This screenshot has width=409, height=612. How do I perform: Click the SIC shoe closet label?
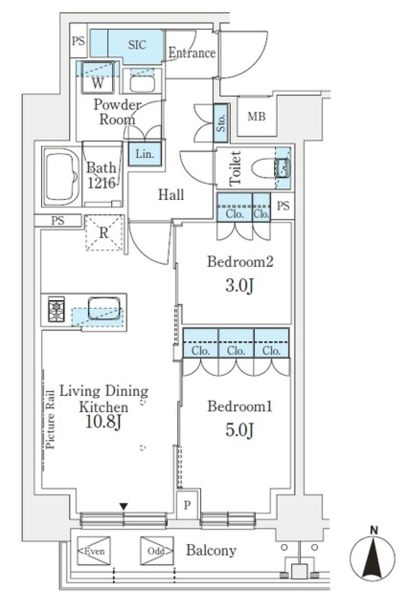click(137, 45)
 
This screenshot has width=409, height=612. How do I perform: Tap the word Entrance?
click(192, 53)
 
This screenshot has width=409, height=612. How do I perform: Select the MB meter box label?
click(256, 116)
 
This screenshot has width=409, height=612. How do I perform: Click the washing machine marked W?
click(98, 77)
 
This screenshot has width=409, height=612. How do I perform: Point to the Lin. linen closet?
click(144, 154)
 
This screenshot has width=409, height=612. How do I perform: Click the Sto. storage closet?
click(221, 123)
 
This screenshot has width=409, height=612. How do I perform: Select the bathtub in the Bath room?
click(61, 176)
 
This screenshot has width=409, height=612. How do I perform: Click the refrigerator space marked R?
click(104, 233)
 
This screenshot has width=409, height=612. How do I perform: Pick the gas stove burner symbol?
click(56, 309)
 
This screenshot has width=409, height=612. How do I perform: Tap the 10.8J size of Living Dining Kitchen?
click(104, 422)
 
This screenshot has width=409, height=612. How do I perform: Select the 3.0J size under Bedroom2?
click(239, 286)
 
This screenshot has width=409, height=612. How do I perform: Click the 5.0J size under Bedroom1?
click(239, 430)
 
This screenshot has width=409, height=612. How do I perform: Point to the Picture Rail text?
click(50, 419)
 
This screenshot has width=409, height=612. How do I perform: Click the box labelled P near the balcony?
click(187, 505)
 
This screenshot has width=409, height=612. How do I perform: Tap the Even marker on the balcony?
click(94, 551)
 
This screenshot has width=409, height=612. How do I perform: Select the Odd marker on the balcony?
click(157, 551)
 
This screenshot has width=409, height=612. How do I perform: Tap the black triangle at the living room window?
click(124, 506)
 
